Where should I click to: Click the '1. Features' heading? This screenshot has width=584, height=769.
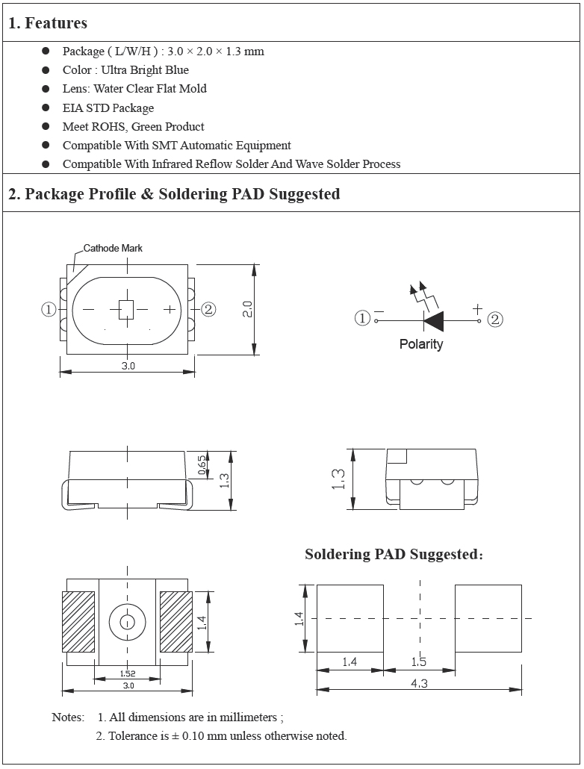click(48, 23)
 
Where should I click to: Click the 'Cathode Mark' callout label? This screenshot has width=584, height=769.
click(113, 248)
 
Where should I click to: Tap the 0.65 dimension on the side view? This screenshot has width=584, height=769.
click(202, 465)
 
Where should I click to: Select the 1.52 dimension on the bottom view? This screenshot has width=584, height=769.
click(128, 673)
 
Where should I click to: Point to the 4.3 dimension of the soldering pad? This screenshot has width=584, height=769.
click(419, 684)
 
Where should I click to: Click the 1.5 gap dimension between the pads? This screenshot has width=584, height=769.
click(419, 662)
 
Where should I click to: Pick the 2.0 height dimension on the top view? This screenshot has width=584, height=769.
click(248, 309)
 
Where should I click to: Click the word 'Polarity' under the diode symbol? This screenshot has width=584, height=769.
click(421, 344)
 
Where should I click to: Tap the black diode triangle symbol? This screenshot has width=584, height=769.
click(434, 320)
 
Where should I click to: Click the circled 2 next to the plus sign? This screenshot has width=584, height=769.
click(495, 320)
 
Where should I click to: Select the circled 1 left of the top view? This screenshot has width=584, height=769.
click(49, 309)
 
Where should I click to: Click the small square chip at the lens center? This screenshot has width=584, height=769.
click(126, 309)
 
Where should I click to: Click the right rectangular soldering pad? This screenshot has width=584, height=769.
click(488, 618)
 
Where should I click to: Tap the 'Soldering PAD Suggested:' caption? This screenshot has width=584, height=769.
click(394, 555)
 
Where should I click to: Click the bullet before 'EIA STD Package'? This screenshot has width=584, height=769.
click(46, 108)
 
